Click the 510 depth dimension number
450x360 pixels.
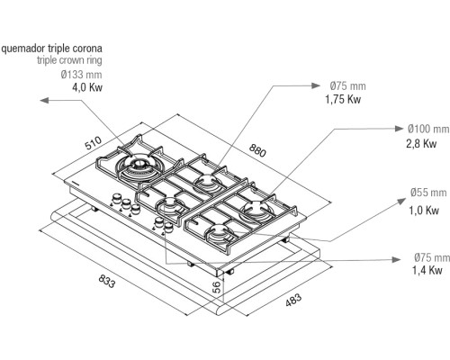[x=94, y=143]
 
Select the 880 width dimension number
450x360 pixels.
[x=257, y=150]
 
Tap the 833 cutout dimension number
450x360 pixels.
[x=107, y=282]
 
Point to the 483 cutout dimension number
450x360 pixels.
[x=293, y=300]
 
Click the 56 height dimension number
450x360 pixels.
[x=217, y=287]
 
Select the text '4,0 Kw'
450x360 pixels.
[x=87, y=87]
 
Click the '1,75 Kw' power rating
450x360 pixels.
[x=343, y=99]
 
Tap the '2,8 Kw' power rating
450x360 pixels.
[x=421, y=144]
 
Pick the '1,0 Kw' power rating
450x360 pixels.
[x=424, y=211]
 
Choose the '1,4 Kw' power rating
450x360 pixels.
[x=427, y=270]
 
